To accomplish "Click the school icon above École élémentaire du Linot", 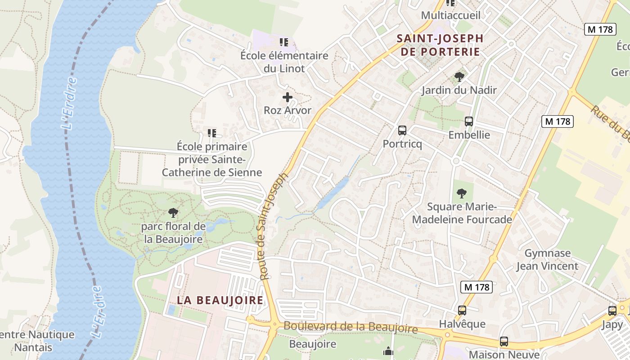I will (283, 42).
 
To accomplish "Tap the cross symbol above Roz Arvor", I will (287, 97).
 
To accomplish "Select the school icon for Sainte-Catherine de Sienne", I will (212, 133).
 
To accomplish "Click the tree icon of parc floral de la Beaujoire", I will (173, 212).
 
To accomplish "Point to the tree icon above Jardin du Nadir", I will (459, 76).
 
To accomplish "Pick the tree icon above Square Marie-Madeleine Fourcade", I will (461, 193).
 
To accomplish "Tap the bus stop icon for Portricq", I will (402, 130).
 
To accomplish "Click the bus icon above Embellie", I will (469, 121).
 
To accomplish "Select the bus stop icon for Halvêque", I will (462, 310).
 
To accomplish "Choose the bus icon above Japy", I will (612, 310).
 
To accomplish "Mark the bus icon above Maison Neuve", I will (504, 342).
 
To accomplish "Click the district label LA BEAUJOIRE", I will (220, 300).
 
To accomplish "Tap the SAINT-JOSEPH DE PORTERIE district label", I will (440, 45).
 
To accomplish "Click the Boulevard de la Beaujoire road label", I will (351, 327).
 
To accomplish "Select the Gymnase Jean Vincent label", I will (547, 260).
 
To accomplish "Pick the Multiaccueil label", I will (450, 15).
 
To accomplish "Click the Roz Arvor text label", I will (287, 110).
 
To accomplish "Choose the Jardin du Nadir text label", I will (459, 90).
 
